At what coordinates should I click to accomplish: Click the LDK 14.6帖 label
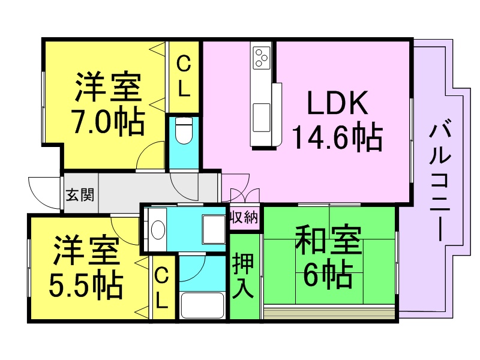(x=337, y=121)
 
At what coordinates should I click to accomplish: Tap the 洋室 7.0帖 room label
(x=108, y=104)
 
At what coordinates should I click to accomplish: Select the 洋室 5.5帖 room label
(x=86, y=266)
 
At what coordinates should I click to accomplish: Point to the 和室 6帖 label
(x=328, y=257)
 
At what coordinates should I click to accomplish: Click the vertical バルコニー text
(x=440, y=182)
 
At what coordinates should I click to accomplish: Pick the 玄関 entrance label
(x=80, y=194)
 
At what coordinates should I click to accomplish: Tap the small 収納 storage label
(x=244, y=218)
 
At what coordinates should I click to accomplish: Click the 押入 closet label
(x=243, y=276)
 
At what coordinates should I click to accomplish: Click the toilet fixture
(x=184, y=130)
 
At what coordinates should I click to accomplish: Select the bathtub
(x=202, y=305)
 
